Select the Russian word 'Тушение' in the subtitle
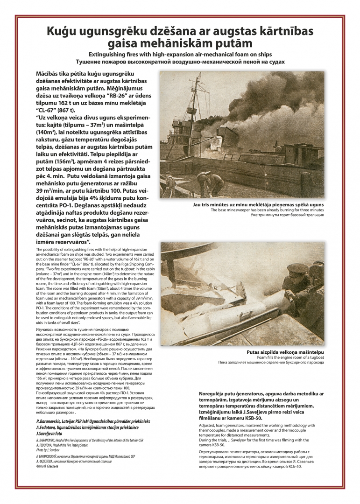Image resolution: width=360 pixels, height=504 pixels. [x=92, y=61]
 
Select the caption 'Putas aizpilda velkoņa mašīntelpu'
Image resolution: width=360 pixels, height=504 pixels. [x=285, y=352]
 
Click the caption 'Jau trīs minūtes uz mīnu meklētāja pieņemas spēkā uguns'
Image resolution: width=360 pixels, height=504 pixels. [x=258, y=204]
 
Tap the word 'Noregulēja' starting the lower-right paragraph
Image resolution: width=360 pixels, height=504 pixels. [x=215, y=394]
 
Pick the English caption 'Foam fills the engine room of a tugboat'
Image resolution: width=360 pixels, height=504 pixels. [x=284, y=357]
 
